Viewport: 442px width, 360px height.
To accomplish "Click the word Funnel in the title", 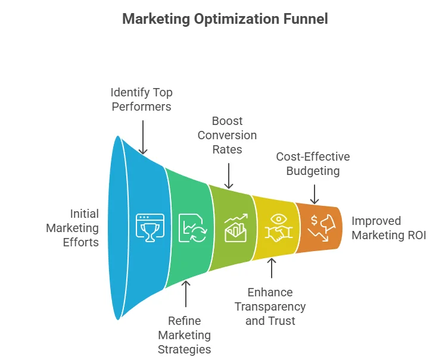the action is point(305,19).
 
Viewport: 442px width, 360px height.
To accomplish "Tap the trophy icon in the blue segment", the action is point(150,228).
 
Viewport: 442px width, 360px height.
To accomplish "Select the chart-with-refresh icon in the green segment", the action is point(193,228).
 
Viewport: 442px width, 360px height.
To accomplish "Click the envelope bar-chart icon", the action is point(236,228).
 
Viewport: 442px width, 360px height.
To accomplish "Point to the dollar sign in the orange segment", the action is point(314,220).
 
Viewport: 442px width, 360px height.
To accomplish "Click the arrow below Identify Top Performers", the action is point(143,137).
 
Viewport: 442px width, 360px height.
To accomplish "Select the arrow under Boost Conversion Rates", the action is point(229,176).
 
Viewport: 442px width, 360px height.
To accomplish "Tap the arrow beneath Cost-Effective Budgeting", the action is point(315,194).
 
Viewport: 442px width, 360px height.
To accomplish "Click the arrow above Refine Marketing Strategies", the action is point(186,294).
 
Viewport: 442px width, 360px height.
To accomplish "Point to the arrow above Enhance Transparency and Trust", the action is point(272,268).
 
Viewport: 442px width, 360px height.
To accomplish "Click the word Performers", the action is point(142,107).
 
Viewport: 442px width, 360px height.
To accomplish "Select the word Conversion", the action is point(227,135).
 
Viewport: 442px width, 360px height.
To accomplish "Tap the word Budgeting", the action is point(313,171).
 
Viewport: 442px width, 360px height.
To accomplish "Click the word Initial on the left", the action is point(84,214).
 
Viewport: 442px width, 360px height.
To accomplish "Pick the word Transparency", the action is point(270,307).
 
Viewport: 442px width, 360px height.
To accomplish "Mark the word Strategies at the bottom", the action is point(184,349).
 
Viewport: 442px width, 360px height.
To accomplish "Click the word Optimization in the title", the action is point(236,19).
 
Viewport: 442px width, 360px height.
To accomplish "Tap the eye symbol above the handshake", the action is point(279,218).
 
